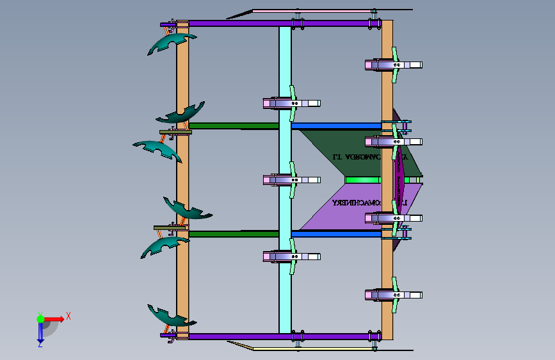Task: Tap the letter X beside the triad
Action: [x=68, y=316]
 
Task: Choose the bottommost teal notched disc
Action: [x=168, y=315]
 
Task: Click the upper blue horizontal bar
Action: [x=336, y=126]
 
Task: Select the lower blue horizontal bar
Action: [x=336, y=234]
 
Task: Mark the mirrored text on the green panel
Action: [x=358, y=156]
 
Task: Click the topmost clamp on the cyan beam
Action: [x=291, y=103]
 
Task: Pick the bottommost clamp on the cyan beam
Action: [x=291, y=256]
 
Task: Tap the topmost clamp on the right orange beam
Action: [x=393, y=65]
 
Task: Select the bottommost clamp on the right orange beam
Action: [x=393, y=295]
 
